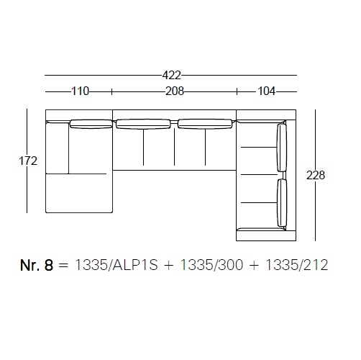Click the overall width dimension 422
(x=171, y=76)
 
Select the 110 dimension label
(x=80, y=91)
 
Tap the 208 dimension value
(x=175, y=91)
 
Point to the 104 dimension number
(x=266, y=91)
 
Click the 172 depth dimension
(x=28, y=161)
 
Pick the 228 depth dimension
(x=316, y=175)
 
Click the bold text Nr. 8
(x=37, y=265)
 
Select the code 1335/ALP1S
(x=116, y=265)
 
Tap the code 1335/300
(x=211, y=265)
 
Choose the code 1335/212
(x=297, y=265)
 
